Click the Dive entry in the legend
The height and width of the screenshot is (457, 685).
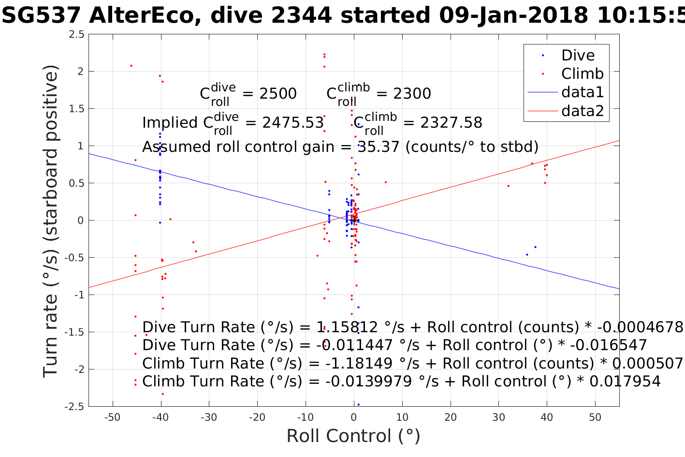coord(578,56)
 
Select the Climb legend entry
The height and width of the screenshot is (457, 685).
coord(582,74)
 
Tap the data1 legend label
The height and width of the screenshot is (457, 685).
coord(583,92)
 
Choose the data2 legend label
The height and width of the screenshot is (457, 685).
coord(583,111)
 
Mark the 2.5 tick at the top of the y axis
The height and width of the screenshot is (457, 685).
coord(76,34)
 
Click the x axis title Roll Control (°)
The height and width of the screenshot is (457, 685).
coord(353,436)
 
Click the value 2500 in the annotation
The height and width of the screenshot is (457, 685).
coord(278,94)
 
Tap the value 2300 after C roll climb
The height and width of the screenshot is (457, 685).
coord(412,94)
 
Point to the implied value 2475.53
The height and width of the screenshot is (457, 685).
coord(293,123)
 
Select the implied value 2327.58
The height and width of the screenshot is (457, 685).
coord(451,123)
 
